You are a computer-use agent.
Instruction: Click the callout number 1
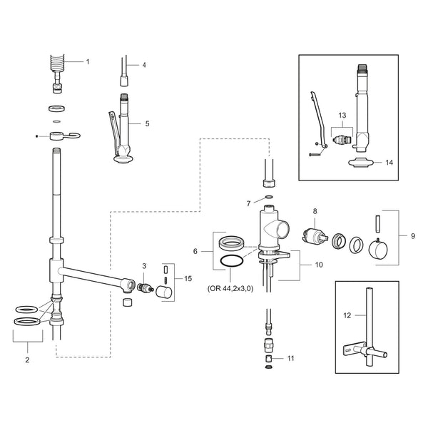(x=88, y=62)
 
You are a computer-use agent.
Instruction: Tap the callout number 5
(x=147, y=123)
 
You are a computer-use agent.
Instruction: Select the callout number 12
(x=347, y=315)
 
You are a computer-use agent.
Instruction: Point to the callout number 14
(x=389, y=163)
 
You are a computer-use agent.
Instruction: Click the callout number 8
(x=315, y=211)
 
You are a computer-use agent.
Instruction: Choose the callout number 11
(x=290, y=358)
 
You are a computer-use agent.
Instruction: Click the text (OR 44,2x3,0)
(x=230, y=288)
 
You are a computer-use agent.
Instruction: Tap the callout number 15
(x=188, y=278)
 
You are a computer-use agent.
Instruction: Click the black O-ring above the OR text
(x=232, y=256)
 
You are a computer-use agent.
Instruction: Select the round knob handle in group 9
(x=378, y=249)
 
